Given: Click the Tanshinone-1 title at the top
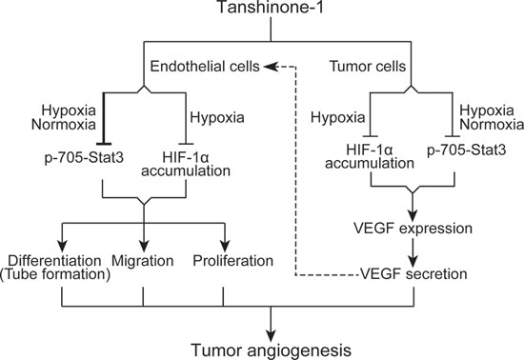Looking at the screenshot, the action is (271, 7).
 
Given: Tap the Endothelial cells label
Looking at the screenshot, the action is (205, 66).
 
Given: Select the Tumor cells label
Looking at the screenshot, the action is (368, 66).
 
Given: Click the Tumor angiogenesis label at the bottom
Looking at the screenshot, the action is (271, 350).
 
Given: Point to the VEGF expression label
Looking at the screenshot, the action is (413, 229).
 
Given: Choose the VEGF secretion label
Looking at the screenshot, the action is (413, 274).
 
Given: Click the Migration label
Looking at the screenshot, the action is (142, 261).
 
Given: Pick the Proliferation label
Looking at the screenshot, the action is (232, 261).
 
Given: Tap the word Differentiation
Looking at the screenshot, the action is (54, 261).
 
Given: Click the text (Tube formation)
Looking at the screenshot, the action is (55, 274).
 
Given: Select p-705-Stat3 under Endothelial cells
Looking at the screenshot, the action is (84, 157).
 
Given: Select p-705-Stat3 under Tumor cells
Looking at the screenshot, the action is (467, 150).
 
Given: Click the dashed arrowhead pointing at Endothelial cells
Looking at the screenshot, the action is (271, 67).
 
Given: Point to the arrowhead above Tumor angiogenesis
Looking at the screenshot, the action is (271, 335).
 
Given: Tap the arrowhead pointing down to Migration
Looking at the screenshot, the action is (144, 246).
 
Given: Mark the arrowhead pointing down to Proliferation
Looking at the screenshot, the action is (225, 246).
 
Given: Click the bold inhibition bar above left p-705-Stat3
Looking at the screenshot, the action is (104, 144).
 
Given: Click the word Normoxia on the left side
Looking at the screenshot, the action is (64, 125).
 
